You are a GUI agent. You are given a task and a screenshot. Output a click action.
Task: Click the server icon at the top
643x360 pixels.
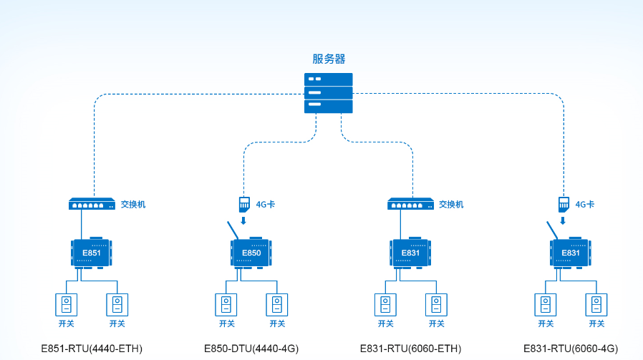(x=329, y=92)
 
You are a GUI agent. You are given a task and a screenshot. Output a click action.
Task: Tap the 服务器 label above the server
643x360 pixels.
(x=329, y=59)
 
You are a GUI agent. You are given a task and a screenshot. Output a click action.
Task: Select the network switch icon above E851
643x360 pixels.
(x=91, y=204)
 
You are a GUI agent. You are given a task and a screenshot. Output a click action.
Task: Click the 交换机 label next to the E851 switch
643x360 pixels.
(x=133, y=204)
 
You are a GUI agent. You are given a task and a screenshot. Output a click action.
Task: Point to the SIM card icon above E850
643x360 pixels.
(x=243, y=203)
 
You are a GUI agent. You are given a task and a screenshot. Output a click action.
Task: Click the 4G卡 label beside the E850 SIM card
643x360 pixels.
(x=266, y=204)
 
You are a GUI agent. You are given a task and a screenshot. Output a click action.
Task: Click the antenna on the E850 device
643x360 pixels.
(x=233, y=230)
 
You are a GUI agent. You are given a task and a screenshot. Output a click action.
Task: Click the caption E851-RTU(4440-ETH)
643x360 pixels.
(x=92, y=349)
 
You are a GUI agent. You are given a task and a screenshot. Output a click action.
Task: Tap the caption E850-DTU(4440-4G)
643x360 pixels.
(x=251, y=349)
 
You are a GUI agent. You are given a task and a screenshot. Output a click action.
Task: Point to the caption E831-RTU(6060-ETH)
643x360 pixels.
(x=410, y=349)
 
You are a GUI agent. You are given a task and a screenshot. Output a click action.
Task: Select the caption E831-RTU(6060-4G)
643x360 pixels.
(x=570, y=349)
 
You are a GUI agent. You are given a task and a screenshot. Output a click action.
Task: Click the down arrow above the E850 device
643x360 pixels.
(x=243, y=220)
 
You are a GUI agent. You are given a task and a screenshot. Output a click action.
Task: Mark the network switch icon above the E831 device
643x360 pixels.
(x=410, y=204)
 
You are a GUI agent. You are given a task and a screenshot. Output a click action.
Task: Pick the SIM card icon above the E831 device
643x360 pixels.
(x=563, y=203)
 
